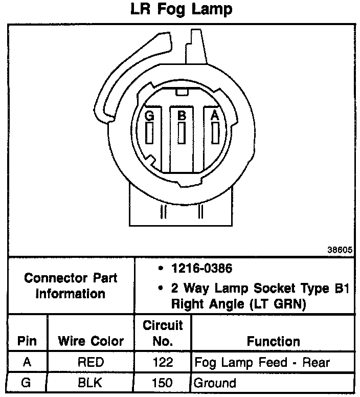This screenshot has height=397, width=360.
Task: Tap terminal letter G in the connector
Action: click(149, 116)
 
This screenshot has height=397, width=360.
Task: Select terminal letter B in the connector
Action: click(182, 116)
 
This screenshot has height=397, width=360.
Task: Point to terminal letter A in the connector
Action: click(215, 116)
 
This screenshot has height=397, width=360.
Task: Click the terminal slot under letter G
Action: click(149, 134)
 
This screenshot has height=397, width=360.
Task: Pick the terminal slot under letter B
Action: click(182, 133)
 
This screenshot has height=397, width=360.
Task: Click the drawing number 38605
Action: click(340, 251)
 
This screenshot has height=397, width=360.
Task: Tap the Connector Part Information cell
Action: click(71, 286)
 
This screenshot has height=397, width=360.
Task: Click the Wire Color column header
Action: click(91, 341)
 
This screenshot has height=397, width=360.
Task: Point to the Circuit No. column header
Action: click(163, 333)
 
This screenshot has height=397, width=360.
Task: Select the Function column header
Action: click(274, 341)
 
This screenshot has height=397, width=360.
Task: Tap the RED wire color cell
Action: click(91, 363)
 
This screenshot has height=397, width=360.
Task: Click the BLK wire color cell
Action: click(91, 383)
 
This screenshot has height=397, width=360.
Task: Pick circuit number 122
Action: click(162, 363)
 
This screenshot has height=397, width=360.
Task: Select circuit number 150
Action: click(162, 383)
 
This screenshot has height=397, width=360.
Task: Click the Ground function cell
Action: click(215, 383)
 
